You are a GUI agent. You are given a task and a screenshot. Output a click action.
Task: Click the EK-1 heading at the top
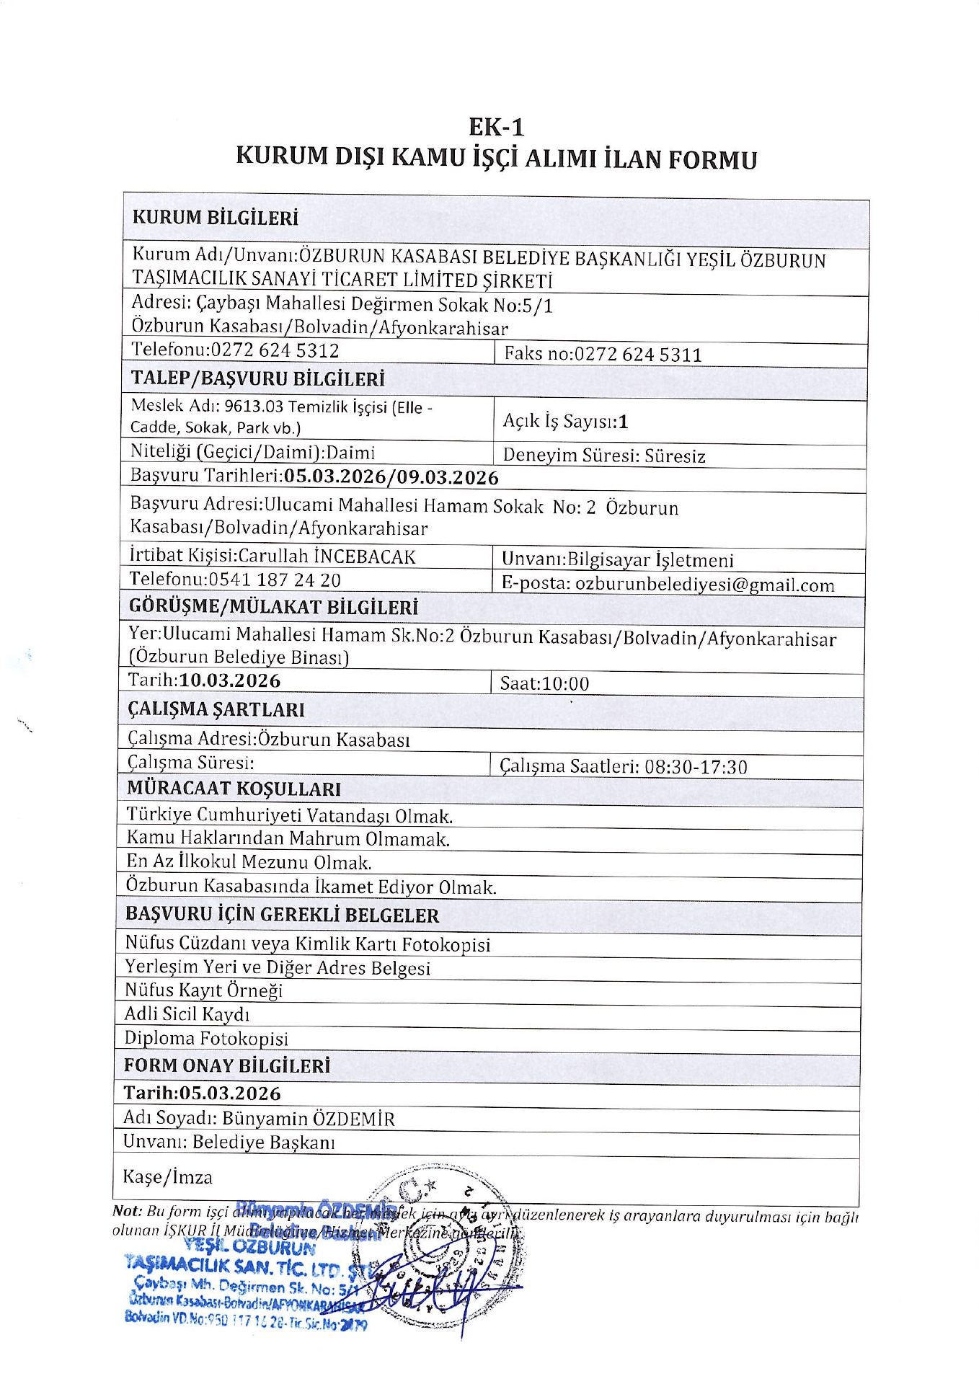coord(496,128)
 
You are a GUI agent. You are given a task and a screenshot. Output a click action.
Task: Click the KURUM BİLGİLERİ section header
coord(215,218)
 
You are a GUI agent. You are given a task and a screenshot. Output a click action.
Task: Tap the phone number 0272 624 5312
coord(274,350)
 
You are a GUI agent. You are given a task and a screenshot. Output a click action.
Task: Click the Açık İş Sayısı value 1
coord(624,422)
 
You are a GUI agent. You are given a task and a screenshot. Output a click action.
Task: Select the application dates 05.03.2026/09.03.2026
coord(391,477)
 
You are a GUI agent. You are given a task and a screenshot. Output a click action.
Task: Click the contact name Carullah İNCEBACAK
coord(327,556)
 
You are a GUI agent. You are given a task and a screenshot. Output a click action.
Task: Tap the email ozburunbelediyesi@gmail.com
coord(704,585)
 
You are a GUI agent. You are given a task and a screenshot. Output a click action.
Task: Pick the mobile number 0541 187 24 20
coord(274,580)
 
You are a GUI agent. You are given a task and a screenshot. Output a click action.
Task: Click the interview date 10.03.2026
coord(230,680)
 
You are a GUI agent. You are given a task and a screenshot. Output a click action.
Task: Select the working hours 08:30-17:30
coord(696,766)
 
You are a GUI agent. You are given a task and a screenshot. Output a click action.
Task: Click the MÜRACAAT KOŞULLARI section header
coord(234,789)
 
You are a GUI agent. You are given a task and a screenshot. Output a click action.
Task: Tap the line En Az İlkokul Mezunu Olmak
coord(249,862)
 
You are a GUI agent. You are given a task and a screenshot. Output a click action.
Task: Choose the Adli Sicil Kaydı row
coord(187,1014)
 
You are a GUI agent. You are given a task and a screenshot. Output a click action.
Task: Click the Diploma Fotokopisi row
coord(206,1038)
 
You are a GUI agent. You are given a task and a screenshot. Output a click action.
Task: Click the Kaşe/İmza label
coord(167,1177)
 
